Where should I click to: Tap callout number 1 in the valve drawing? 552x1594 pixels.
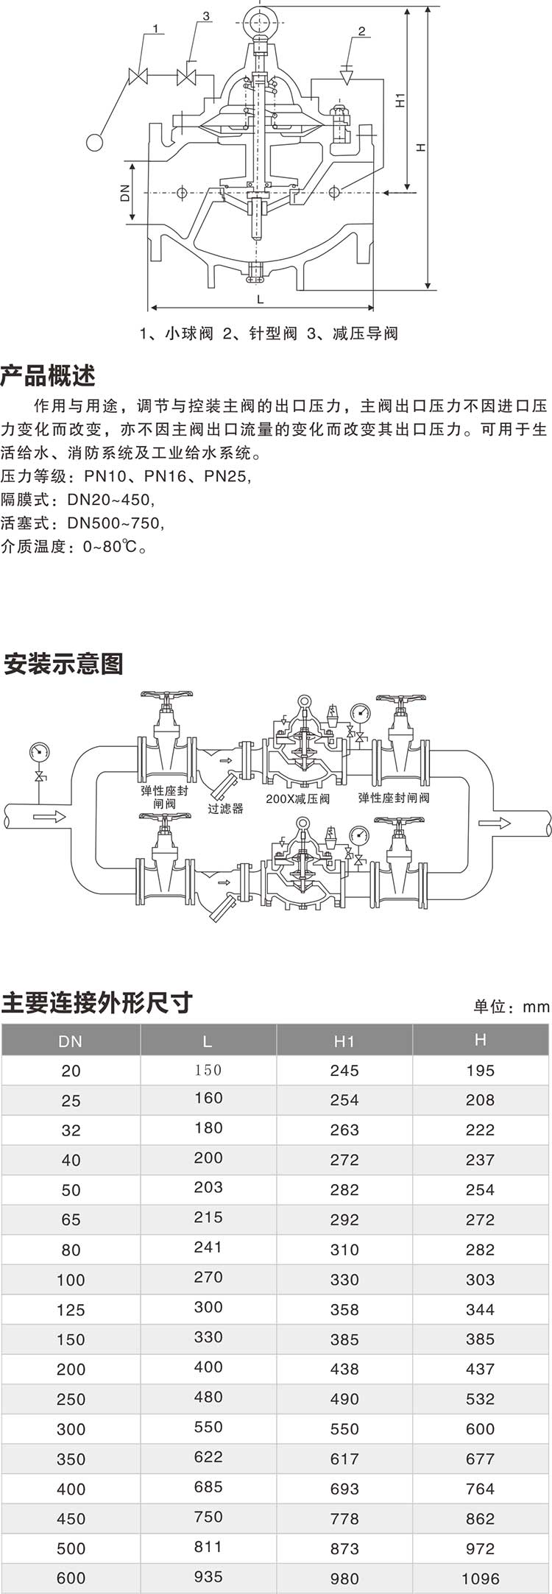click(x=155, y=29)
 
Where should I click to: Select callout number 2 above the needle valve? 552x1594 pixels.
click(x=361, y=31)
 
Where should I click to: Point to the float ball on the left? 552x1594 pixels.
click(x=94, y=141)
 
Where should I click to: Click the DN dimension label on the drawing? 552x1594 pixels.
click(x=125, y=193)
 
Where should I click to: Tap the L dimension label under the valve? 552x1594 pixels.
click(x=261, y=299)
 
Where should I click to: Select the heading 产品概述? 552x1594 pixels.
click(x=48, y=376)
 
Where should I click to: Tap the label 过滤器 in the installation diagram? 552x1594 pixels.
click(x=225, y=808)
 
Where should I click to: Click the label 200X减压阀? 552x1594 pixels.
click(x=297, y=798)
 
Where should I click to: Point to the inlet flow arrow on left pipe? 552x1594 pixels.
click(x=49, y=816)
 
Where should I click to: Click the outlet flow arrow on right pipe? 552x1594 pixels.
click(x=494, y=821)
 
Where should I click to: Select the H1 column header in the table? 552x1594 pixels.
click(x=344, y=1041)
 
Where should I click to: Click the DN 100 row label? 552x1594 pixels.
click(x=71, y=1280)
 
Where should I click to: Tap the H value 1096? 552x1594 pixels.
click(x=480, y=1578)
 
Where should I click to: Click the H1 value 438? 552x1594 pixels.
click(x=344, y=1369)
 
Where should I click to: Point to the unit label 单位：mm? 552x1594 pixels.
click(x=512, y=1007)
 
